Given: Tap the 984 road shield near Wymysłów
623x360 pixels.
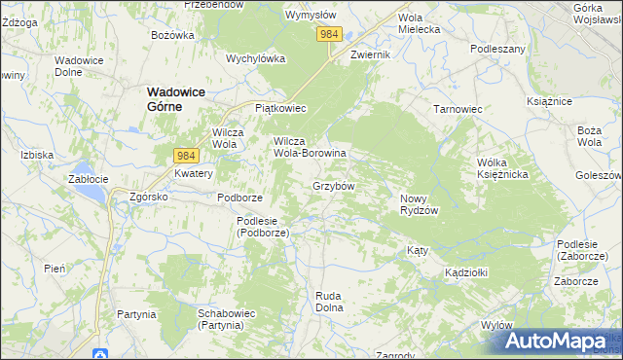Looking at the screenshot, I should coord(329,34).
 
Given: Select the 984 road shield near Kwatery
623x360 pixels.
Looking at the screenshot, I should coord(187,155).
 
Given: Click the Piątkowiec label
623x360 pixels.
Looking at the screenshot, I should coord(280,108).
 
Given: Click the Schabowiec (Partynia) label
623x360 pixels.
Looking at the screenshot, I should coord(227,319).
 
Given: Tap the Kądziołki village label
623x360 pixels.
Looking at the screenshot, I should coord(466,271).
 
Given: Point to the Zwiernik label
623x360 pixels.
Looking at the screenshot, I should coord(370,54).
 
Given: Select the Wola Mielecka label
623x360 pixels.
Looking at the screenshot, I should coord(420,23).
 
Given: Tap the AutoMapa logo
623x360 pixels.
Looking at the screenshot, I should coord(555,341).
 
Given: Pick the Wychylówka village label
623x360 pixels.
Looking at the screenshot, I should coord(255,57).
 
